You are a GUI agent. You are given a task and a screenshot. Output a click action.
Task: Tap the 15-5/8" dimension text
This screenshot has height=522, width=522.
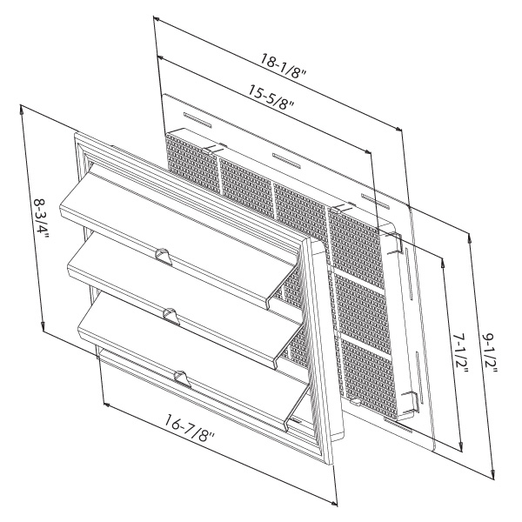[x=271, y=97]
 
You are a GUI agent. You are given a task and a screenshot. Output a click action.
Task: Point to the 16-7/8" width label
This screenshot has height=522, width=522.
[x=190, y=427]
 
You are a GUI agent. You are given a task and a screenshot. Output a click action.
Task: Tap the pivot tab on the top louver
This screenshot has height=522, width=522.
[x=164, y=256]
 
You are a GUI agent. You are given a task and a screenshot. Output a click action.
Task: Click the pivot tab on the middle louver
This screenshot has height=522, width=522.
[x=171, y=316]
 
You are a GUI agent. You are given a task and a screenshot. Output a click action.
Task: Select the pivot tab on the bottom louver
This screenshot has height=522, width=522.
[x=182, y=378]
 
